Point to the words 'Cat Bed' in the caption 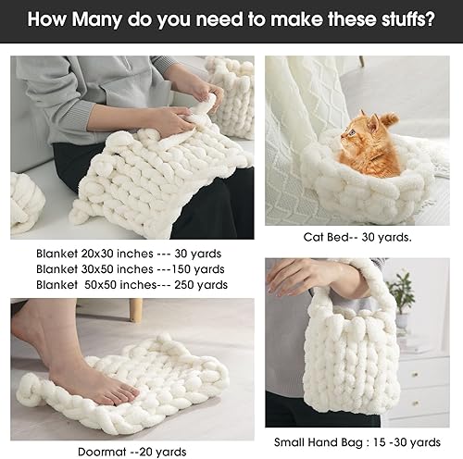(x=324, y=236)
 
